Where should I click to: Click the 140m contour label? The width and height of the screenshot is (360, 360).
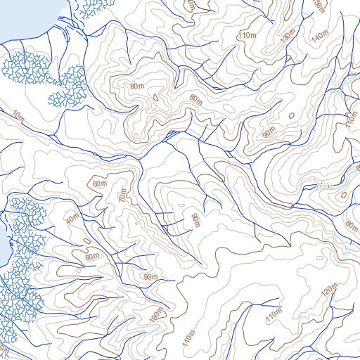click(x=320, y=35)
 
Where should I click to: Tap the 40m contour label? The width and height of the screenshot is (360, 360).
click(x=71, y=220)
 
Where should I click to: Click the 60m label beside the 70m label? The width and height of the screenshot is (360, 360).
click(x=99, y=184)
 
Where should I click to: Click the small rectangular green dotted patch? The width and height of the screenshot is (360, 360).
click(x=324, y=186)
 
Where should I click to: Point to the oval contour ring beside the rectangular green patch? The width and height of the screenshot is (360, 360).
click(x=343, y=195)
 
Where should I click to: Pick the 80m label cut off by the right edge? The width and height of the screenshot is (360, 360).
click(x=352, y=225)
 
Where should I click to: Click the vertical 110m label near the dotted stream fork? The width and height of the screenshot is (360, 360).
click(x=350, y=121)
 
